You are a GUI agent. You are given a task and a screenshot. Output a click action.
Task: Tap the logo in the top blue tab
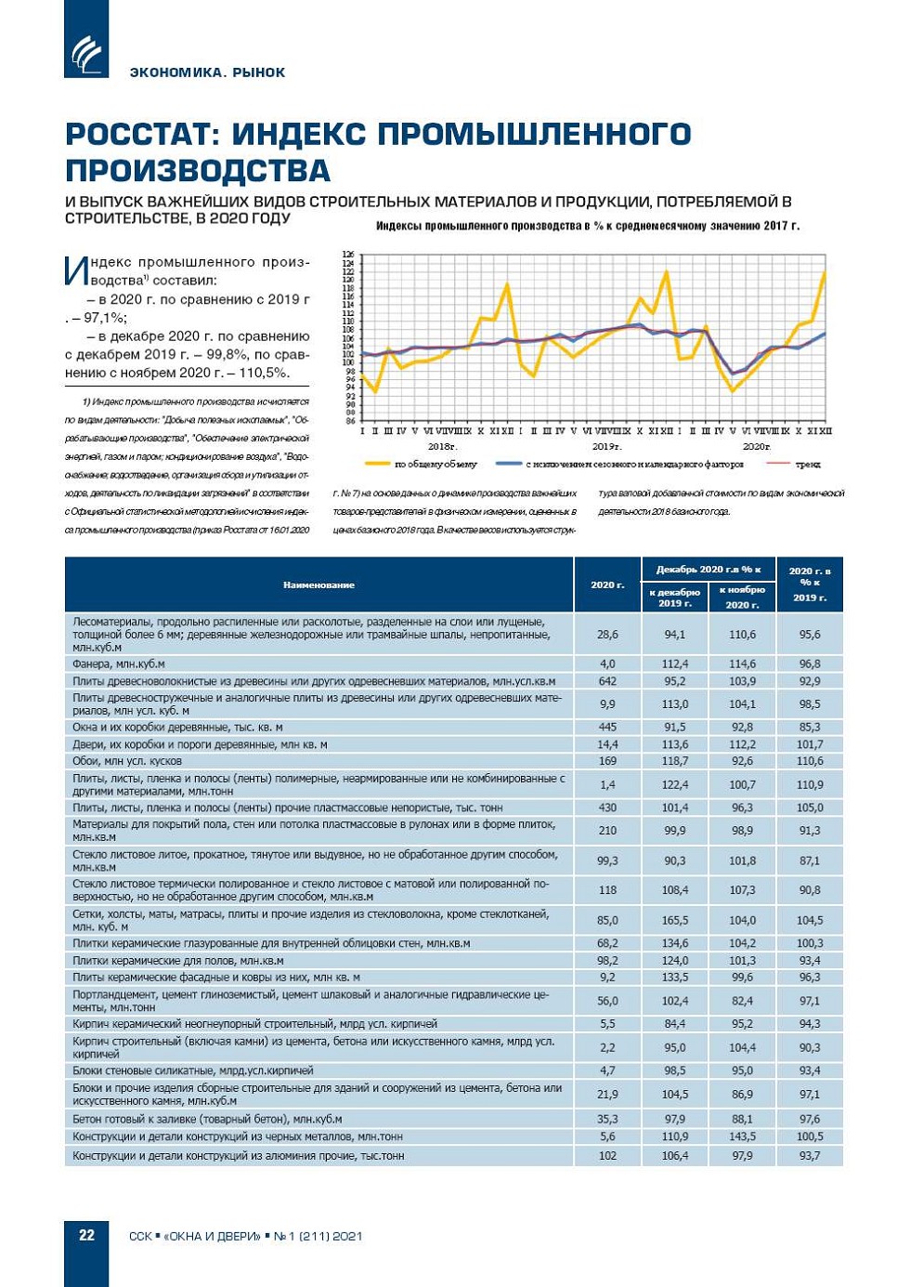pos(86,52)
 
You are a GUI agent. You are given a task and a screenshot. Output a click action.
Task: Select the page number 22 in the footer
pos(86,1235)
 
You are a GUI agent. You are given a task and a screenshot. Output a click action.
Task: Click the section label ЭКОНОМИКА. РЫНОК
pos(207,72)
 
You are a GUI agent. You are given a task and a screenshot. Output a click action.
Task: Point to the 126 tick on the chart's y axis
pos(348,254)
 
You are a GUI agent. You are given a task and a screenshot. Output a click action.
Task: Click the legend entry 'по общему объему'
pos(435,464)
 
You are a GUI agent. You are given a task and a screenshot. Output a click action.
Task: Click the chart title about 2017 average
pos(587,226)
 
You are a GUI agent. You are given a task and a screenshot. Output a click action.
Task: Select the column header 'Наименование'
pos(318,584)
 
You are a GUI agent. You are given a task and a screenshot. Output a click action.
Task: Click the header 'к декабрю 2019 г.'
pos(675,598)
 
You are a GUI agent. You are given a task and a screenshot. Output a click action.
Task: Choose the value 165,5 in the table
pos(675,920)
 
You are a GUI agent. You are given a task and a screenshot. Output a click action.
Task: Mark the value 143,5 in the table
pos(742,1136)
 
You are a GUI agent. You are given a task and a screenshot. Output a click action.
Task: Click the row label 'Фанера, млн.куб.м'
pos(119,664)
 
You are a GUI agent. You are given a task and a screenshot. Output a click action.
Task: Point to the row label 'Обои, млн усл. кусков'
pos(127,761)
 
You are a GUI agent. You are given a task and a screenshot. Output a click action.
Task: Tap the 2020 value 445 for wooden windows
pos(607,728)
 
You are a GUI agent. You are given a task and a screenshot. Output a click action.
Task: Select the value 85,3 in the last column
pos(810,728)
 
